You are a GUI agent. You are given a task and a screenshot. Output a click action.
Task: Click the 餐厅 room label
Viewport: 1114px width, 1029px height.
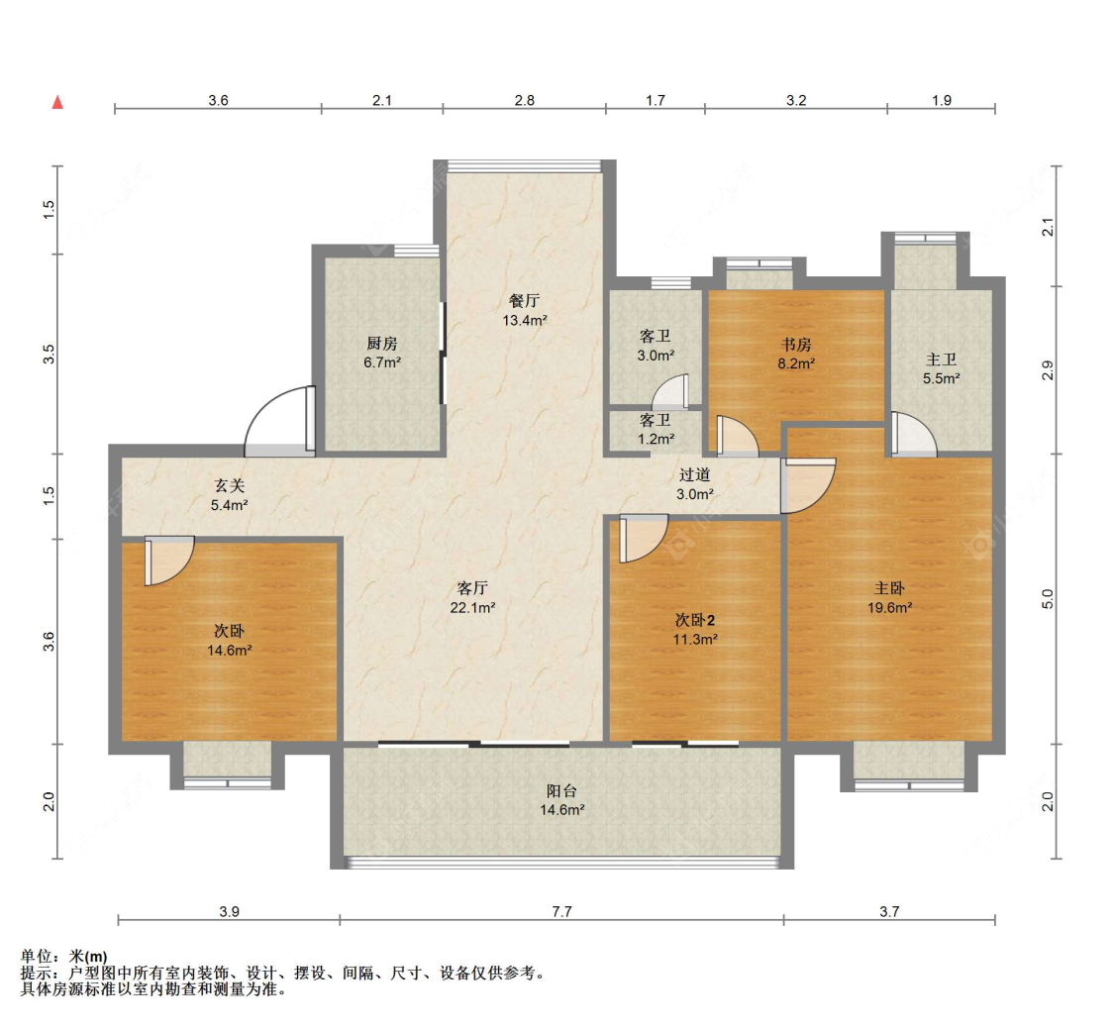[x=525, y=301]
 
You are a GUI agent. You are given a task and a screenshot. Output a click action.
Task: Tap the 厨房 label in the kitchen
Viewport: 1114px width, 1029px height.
[x=381, y=344]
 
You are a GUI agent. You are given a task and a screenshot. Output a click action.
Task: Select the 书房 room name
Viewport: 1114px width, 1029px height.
[x=795, y=345]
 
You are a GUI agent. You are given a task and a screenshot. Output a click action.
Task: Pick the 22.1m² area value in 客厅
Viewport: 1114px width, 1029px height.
[x=472, y=607]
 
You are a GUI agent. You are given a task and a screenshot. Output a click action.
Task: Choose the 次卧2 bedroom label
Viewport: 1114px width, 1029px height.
[x=695, y=620]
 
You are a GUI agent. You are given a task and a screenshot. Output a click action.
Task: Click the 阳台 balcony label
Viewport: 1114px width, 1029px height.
[x=561, y=790]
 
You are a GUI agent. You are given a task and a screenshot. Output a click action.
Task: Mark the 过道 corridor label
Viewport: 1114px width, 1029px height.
[x=694, y=474]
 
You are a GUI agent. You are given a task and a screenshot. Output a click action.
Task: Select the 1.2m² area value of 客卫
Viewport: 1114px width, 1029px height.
[x=656, y=438]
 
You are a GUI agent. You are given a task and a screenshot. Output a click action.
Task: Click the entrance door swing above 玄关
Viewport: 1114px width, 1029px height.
[x=277, y=420]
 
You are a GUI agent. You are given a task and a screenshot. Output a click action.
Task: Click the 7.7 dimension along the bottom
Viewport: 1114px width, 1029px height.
[x=561, y=912]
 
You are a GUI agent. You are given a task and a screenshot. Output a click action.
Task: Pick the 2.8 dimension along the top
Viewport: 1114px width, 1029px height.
[x=524, y=100]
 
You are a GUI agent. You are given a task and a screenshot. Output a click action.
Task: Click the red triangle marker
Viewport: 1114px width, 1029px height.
[x=57, y=102]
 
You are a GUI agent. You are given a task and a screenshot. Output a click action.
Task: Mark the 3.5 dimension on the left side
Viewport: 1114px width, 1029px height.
[x=50, y=354]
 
